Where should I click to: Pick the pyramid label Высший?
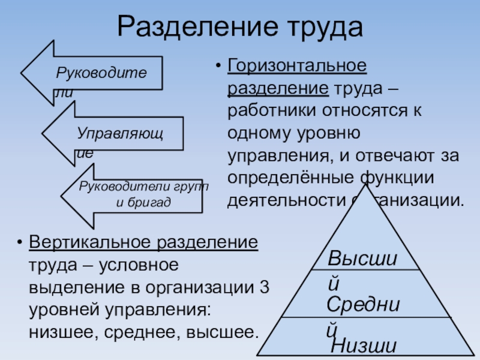tap(363, 260)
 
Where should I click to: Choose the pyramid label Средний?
tap(363, 305)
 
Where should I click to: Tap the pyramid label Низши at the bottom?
tap(364, 346)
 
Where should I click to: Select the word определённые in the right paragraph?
tap(286, 178)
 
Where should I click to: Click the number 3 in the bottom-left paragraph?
tap(265, 287)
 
